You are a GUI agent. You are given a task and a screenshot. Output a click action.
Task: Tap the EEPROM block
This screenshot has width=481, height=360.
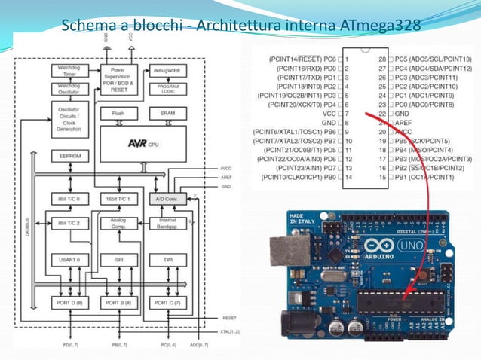(x=69, y=157)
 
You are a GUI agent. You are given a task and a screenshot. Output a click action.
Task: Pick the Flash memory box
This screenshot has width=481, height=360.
(x=118, y=114)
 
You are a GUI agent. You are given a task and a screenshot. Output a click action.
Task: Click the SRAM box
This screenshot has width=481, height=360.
(x=167, y=114)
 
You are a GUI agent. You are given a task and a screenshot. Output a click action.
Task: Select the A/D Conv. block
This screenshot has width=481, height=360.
(x=167, y=199)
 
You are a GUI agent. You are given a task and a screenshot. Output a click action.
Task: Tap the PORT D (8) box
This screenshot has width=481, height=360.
(x=69, y=303)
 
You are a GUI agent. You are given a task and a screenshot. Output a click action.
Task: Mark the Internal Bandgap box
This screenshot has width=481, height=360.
(x=167, y=223)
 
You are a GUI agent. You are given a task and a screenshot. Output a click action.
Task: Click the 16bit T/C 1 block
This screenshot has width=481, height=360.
(x=118, y=199)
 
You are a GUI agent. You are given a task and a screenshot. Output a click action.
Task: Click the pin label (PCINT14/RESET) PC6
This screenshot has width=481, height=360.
(x=302, y=58)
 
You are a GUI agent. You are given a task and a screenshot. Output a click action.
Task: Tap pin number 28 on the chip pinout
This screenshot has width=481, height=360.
(x=382, y=58)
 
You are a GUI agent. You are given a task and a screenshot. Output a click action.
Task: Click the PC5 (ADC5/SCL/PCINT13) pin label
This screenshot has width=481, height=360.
(x=434, y=58)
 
